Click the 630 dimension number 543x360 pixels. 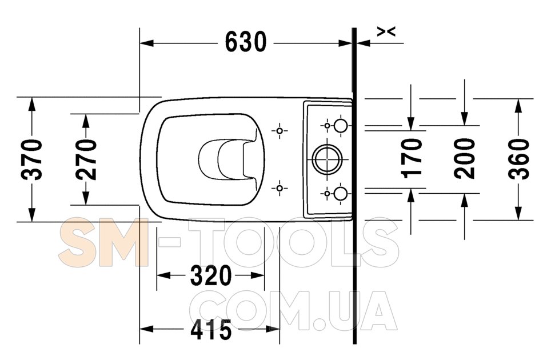pyautogui.click(x=246, y=42)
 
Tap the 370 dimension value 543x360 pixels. pyautogui.click(x=32, y=159)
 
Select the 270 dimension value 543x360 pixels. pyautogui.click(x=86, y=159)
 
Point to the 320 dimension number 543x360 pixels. pyautogui.click(x=210, y=275)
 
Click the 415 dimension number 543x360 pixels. pyautogui.click(x=211, y=329)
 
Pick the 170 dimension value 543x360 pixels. pyautogui.click(x=412, y=158)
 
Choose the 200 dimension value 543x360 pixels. pyautogui.click(x=465, y=158)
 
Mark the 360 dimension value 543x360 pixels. pyautogui.click(x=519, y=159)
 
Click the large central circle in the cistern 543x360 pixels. pyautogui.click(x=328, y=159)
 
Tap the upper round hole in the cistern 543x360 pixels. pyautogui.click(x=341, y=125)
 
